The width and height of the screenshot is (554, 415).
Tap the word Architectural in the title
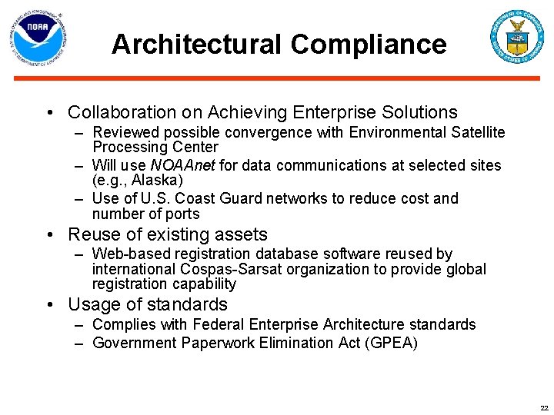(196, 44)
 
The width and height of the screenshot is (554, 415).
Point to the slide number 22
(544, 408)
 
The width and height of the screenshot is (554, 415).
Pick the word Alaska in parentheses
(156, 181)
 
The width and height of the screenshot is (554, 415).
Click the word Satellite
(475, 132)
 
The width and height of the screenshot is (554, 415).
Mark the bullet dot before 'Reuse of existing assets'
(50, 235)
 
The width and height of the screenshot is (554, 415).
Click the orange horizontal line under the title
(277, 78)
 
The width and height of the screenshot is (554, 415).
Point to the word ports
(182, 214)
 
